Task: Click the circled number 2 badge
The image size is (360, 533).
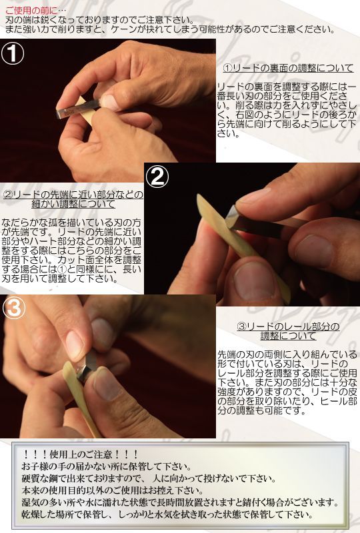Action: [x=158, y=177]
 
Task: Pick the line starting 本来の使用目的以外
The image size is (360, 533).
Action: [x=126, y=490]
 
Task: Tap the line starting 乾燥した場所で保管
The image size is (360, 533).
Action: [x=167, y=515]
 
